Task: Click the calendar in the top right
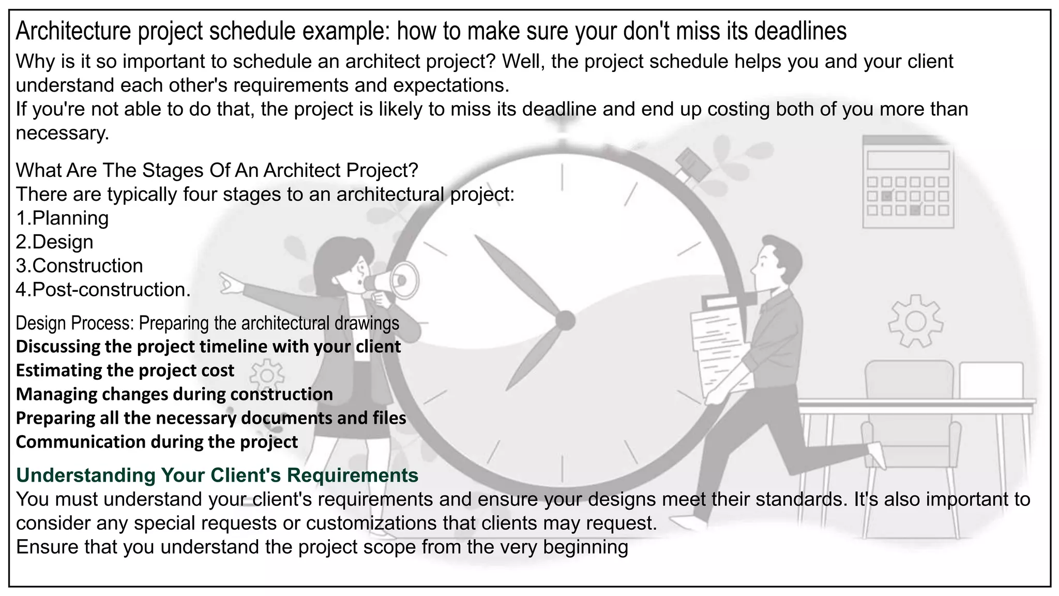[x=907, y=182]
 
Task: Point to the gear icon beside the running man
[x=915, y=321]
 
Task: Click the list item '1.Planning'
[x=63, y=218]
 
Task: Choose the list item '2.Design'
[x=55, y=242]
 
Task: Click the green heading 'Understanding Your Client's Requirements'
[x=217, y=475]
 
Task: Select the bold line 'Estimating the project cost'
[x=125, y=370]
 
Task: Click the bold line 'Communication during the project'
[x=157, y=442]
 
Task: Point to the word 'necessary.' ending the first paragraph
[x=63, y=133]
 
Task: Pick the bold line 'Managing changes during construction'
[x=175, y=394]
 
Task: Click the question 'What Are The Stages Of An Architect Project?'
[x=217, y=170]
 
